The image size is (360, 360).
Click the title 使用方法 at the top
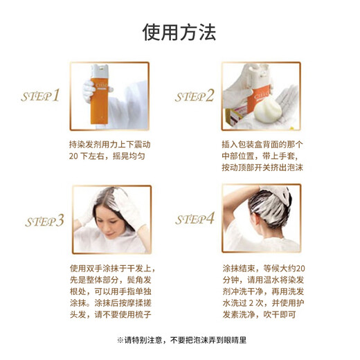(x=179, y=32)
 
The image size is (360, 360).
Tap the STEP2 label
(x=193, y=96)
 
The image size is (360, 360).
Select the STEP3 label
(x=44, y=221)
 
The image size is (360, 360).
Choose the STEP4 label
(x=195, y=219)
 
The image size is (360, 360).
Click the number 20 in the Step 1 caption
(x=75, y=157)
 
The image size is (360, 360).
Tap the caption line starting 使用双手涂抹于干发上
(x=111, y=269)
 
